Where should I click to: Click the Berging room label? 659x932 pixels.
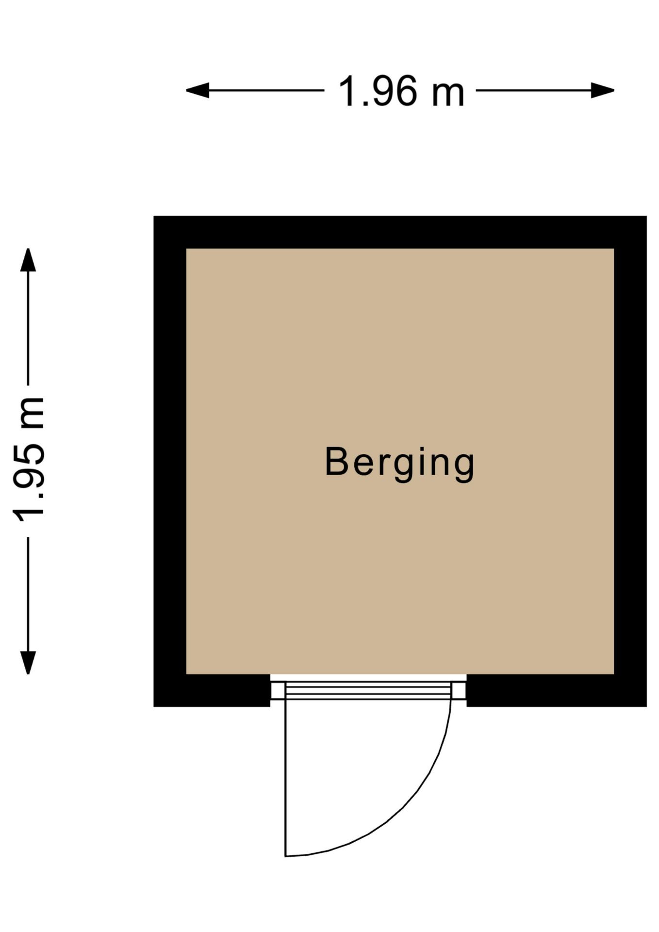pyautogui.click(x=399, y=464)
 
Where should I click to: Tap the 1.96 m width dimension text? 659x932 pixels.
pyautogui.click(x=401, y=91)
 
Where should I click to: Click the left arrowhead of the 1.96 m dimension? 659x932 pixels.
pyautogui.click(x=198, y=90)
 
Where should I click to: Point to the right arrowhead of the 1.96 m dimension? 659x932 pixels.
pyautogui.click(x=603, y=90)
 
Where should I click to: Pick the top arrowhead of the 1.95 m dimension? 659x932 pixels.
pyautogui.click(x=28, y=260)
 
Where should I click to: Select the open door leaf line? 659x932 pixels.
pyautogui.click(x=285, y=777)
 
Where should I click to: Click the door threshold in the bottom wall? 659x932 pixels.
pyautogui.click(x=368, y=690)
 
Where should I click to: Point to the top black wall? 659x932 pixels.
pyautogui.click(x=400, y=232)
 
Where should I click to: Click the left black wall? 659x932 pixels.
pyautogui.click(x=170, y=461)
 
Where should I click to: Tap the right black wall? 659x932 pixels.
pyautogui.click(x=630, y=461)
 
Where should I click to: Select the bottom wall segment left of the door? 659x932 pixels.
pyautogui.click(x=212, y=690)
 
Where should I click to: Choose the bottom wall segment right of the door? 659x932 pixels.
pyautogui.click(x=557, y=690)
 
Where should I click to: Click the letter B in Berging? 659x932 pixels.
pyautogui.click(x=336, y=461)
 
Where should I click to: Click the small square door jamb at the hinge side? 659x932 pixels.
pyautogui.click(x=278, y=690)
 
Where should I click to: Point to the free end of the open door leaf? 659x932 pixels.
pyautogui.click(x=285, y=856)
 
